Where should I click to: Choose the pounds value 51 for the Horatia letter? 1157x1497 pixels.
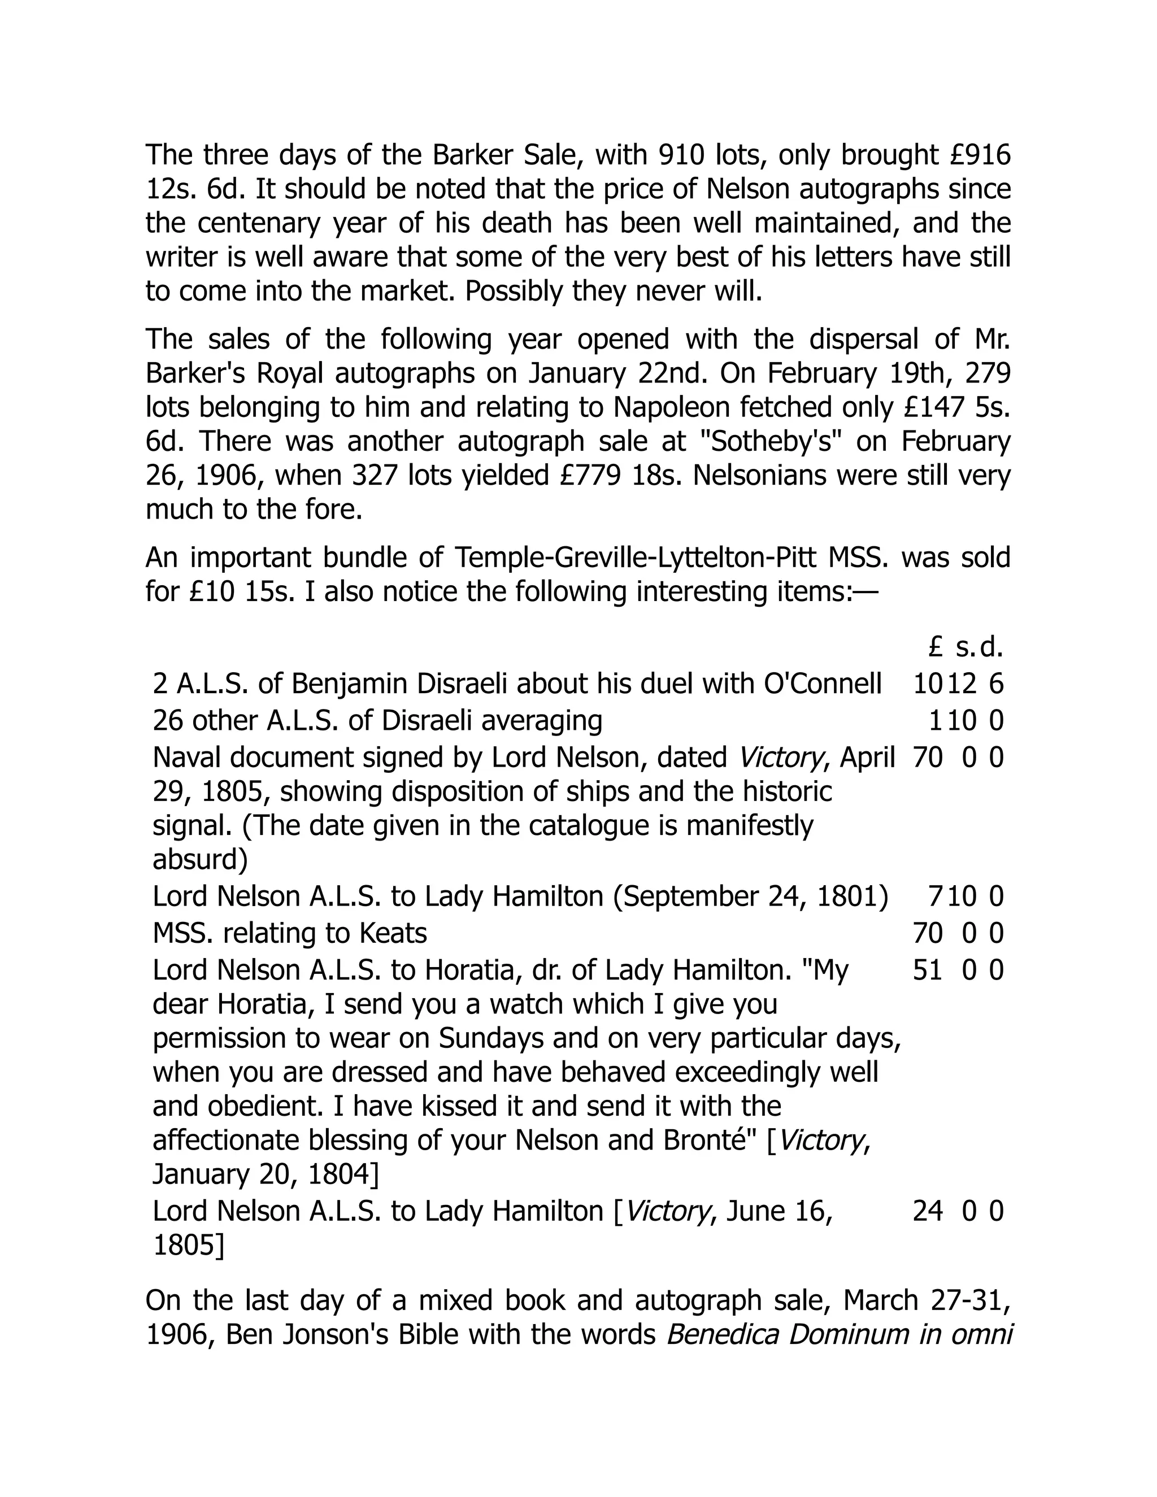tap(928, 971)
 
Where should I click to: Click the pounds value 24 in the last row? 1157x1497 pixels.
tap(928, 1211)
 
